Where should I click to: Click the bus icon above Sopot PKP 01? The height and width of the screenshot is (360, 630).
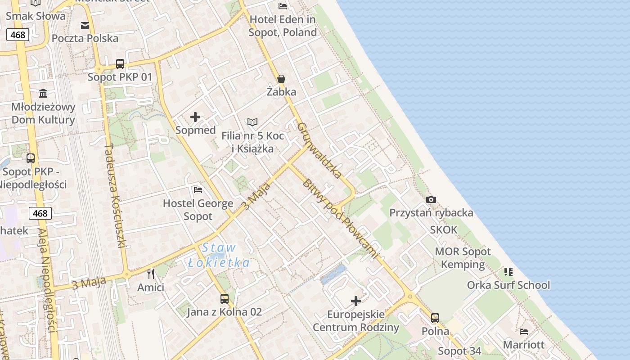pyautogui.click(x=120, y=64)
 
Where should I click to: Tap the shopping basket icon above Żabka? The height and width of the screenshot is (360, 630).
pyautogui.click(x=281, y=79)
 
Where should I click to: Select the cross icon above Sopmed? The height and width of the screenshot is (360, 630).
pyautogui.click(x=195, y=117)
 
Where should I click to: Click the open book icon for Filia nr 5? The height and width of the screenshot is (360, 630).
pyautogui.click(x=252, y=122)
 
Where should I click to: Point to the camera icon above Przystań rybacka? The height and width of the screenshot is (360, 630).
pyautogui.click(x=431, y=199)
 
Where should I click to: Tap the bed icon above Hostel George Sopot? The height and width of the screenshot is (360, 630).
pyautogui.click(x=198, y=190)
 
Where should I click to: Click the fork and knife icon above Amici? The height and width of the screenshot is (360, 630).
pyautogui.click(x=151, y=274)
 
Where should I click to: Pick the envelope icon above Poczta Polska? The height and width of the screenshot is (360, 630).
pyautogui.click(x=85, y=25)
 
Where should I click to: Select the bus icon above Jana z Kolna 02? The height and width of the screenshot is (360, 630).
pyautogui.click(x=224, y=298)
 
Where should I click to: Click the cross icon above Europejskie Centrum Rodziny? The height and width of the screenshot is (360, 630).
pyautogui.click(x=356, y=301)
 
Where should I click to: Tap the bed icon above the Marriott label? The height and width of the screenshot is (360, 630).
pyautogui.click(x=523, y=332)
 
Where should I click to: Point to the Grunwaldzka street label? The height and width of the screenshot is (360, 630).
pyautogui.click(x=320, y=150)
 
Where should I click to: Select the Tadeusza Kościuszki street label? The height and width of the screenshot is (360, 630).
pyautogui.click(x=114, y=196)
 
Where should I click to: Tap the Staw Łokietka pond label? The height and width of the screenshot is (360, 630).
pyautogui.click(x=219, y=255)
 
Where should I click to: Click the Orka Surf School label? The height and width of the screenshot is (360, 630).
pyautogui.click(x=508, y=285)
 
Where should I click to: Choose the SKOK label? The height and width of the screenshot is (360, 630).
pyautogui.click(x=443, y=230)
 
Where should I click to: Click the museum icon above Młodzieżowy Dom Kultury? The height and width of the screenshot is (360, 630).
pyautogui.click(x=43, y=93)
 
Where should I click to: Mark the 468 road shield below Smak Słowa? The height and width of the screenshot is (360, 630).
pyautogui.click(x=18, y=35)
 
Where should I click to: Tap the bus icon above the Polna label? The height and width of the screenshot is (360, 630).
pyautogui.click(x=435, y=318)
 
